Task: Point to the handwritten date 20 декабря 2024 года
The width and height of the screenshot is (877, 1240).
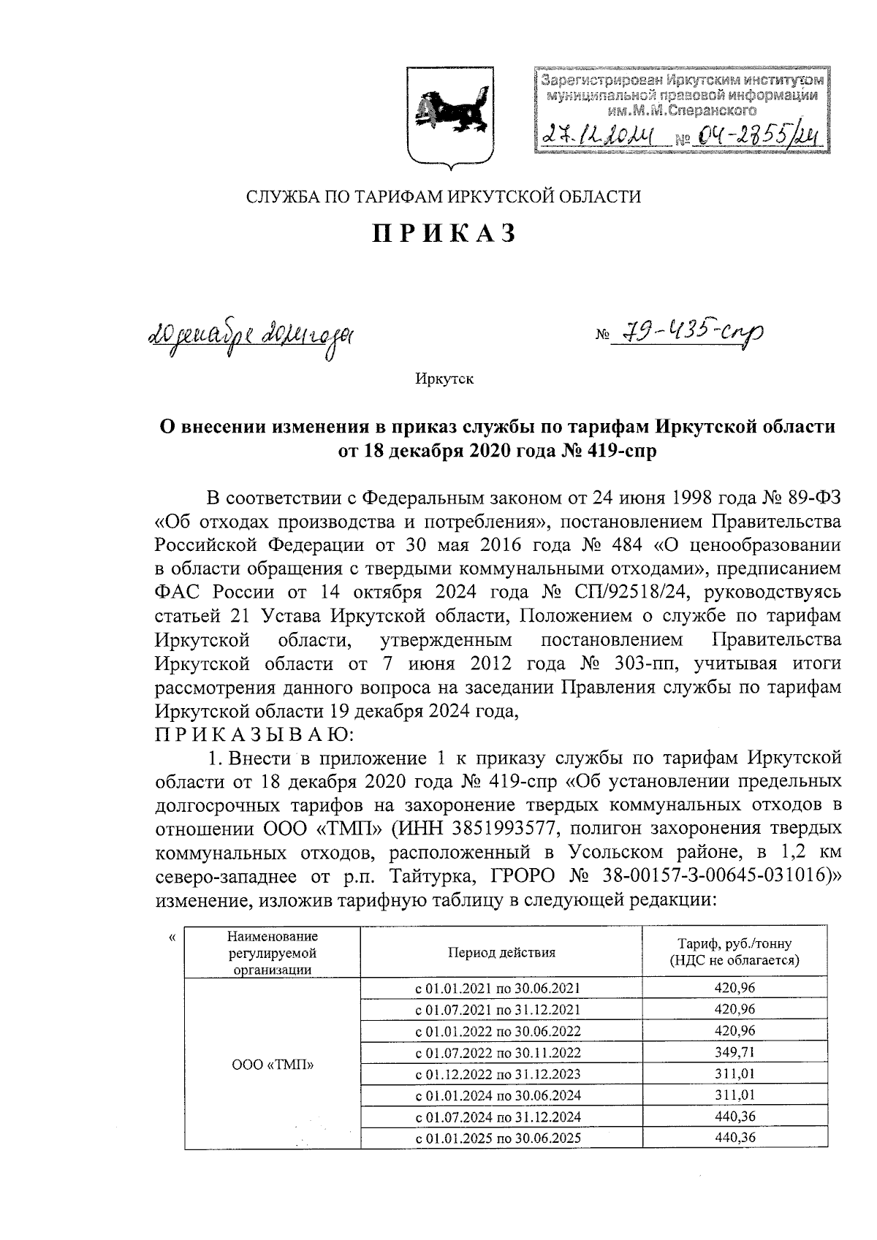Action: pyautogui.click(x=251, y=337)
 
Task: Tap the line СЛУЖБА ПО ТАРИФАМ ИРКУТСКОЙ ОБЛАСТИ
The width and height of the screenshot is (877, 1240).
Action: pyautogui.click(x=443, y=197)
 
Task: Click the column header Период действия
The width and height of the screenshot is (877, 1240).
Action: pyautogui.click(x=501, y=953)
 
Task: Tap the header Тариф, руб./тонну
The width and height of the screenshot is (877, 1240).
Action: pyautogui.click(x=734, y=943)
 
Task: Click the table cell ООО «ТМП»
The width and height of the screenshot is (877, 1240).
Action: pyautogui.click(x=273, y=1065)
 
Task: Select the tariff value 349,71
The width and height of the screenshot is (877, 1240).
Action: pyautogui.click(x=734, y=1052)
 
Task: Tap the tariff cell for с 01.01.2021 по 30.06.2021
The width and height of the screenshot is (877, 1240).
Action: pyautogui.click(x=734, y=989)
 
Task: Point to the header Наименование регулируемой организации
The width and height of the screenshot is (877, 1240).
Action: pyautogui.click(x=273, y=953)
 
